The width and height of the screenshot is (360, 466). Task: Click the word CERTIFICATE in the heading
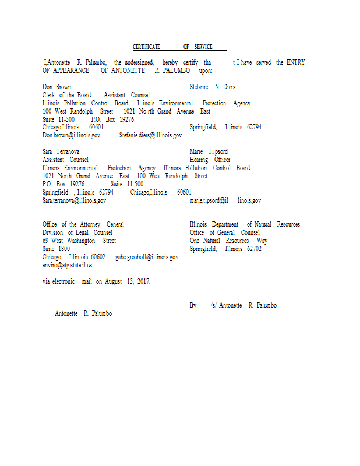pos(146,47)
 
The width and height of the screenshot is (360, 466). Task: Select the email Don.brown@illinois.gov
pos(71,135)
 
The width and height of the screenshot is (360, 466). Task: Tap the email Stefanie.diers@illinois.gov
pos(150,135)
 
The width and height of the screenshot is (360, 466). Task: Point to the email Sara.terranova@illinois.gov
pos(74,200)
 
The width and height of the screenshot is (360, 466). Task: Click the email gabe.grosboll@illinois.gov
pos(146,257)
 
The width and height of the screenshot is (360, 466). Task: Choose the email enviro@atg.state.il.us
pos(67,265)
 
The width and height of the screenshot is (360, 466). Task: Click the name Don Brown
pos(57,87)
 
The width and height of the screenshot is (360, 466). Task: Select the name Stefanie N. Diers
pos(213,87)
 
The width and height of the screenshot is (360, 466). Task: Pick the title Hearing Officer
pos(210,160)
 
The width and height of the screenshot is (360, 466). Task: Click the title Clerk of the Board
pos(66,95)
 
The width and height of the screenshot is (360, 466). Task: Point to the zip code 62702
pos(254,249)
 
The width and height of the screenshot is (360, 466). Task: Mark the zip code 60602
pos(98,257)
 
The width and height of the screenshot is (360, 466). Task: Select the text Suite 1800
pos(56,249)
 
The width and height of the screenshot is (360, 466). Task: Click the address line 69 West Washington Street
pos(79,241)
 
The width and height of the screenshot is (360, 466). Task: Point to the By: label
pos(194,305)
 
